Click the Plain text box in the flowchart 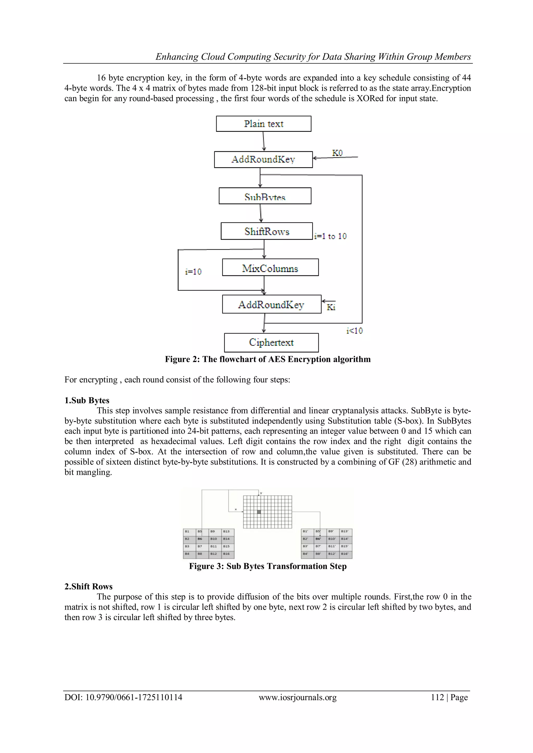click(264, 124)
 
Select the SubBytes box click(265, 196)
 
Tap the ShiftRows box click(266, 231)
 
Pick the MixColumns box click(270, 268)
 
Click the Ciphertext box click(271, 343)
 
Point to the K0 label click(337, 153)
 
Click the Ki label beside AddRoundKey click(331, 307)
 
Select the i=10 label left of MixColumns click(193, 271)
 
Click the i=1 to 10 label click(330, 236)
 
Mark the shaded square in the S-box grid click(259, 512)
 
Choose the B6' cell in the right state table click(318, 539)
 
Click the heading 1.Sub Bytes click(87, 400)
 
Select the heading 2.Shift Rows click(88, 587)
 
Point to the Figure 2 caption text click(268, 359)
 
